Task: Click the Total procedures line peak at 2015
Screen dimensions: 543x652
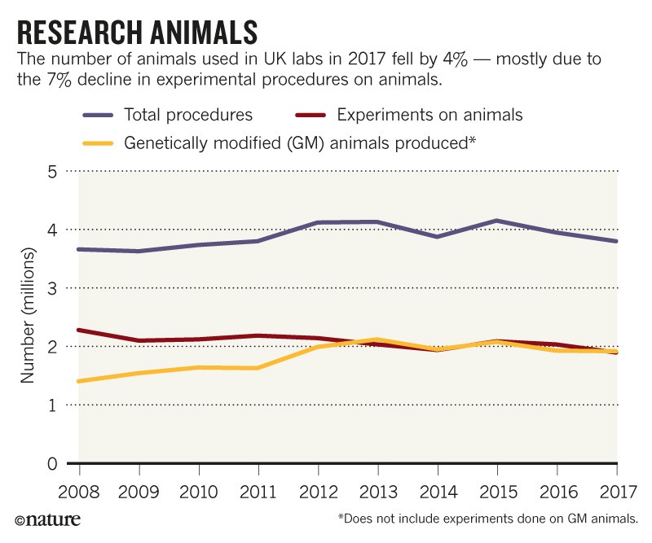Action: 498,221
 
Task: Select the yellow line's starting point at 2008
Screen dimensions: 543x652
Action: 80,381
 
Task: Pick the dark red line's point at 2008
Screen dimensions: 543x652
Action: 80,330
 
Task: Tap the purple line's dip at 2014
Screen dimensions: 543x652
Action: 438,236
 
